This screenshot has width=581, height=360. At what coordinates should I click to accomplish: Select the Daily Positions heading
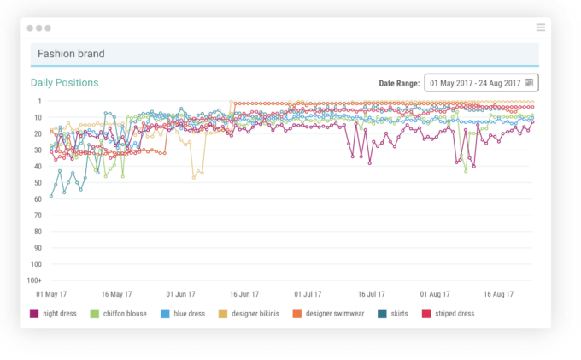coord(64,83)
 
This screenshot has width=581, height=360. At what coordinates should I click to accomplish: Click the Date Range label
coord(399,84)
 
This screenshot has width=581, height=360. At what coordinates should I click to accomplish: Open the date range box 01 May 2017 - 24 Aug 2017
coord(481,83)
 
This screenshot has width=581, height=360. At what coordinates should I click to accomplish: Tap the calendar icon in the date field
coord(529,83)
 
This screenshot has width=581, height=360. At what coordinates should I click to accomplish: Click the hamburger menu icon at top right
coord(541,27)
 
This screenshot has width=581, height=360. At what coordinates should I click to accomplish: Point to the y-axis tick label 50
coord(38,183)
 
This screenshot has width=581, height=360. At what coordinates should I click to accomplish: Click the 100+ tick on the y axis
coord(35,280)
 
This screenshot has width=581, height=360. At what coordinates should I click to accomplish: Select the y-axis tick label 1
coord(39,101)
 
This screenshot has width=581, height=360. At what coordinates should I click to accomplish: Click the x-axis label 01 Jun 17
coord(182,294)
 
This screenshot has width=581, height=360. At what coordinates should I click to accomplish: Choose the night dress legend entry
coord(54,314)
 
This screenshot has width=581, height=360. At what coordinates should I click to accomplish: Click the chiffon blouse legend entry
coord(119,314)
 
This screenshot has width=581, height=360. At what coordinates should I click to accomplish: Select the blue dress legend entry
coord(183,314)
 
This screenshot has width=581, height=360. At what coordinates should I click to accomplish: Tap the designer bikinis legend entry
coord(250,314)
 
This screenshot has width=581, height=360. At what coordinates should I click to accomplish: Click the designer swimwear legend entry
coord(329,314)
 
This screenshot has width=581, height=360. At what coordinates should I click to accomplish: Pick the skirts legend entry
coord(393,314)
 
